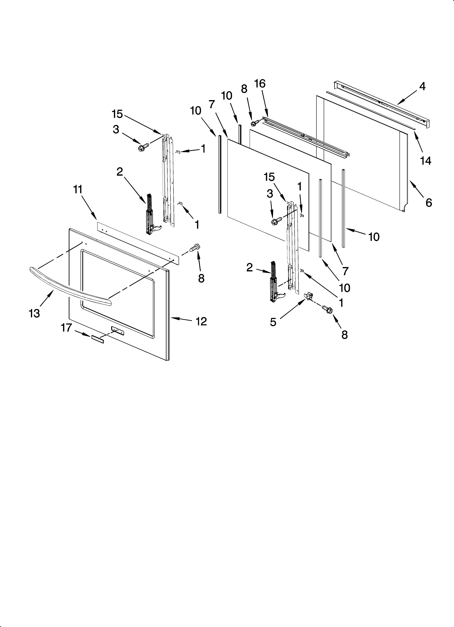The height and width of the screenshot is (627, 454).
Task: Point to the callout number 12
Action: (201, 321)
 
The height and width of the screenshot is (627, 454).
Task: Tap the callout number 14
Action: (426, 160)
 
